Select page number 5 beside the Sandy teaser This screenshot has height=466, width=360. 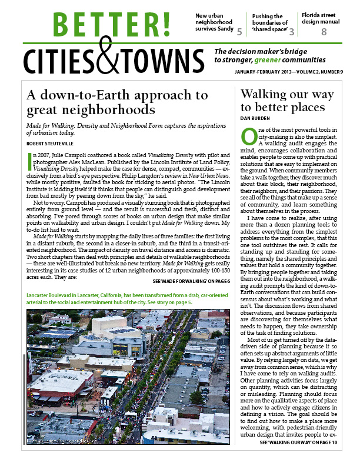point(239,30)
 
